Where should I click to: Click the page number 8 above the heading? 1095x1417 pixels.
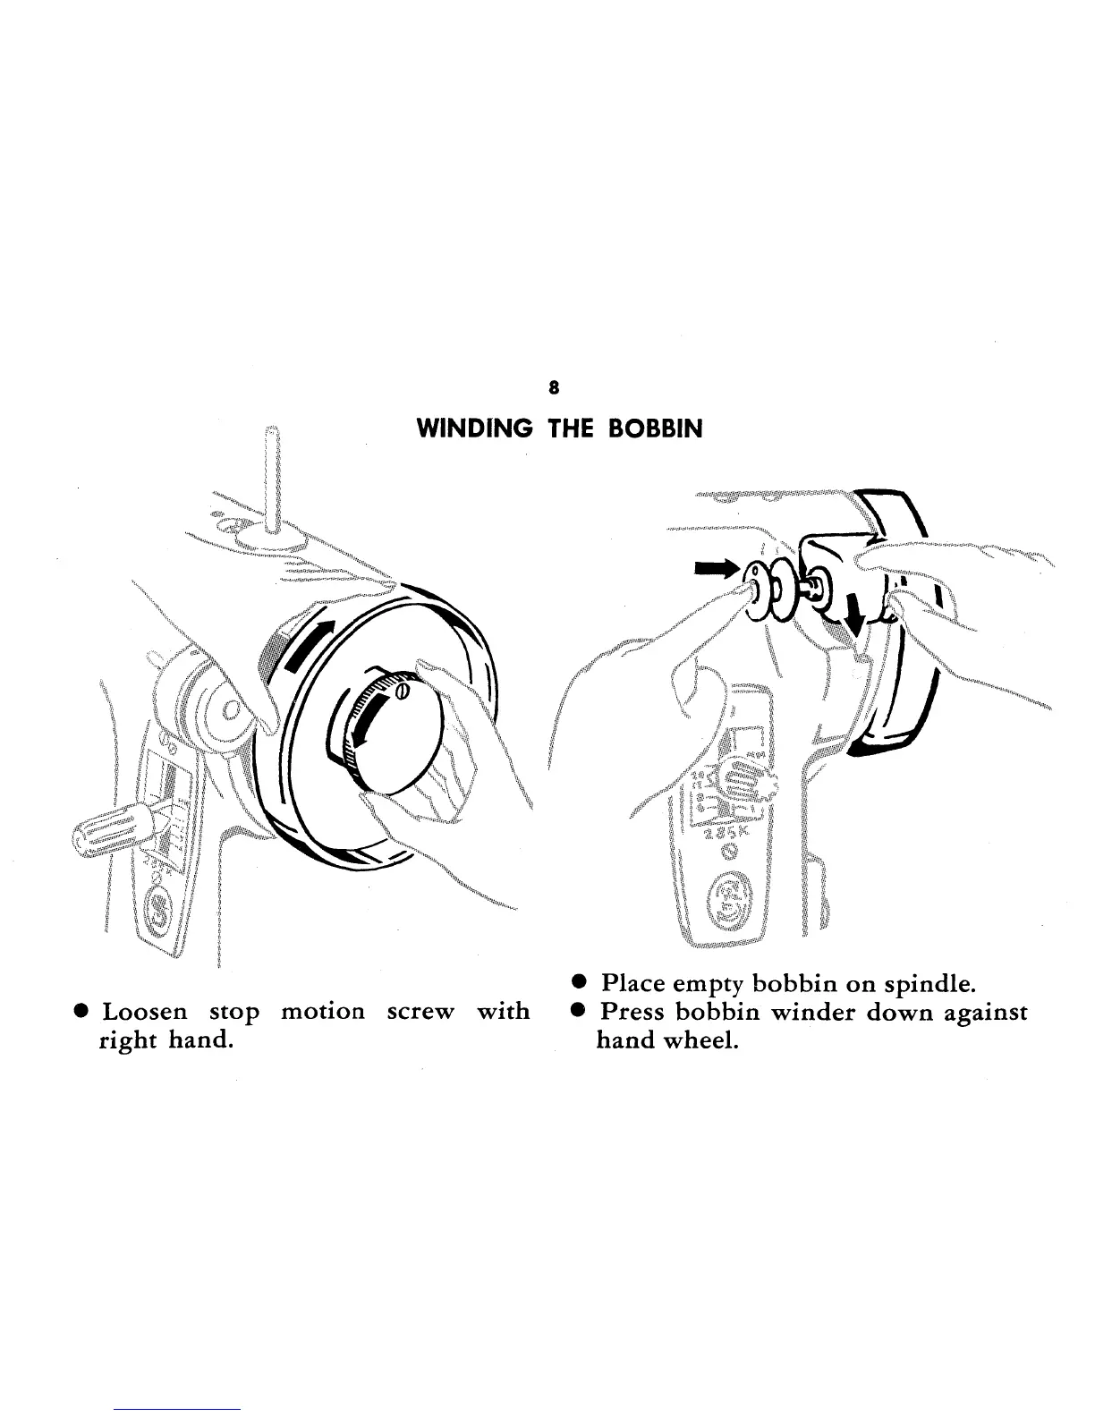pyautogui.click(x=555, y=387)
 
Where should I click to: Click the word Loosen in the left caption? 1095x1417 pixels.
pyautogui.click(x=145, y=1013)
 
